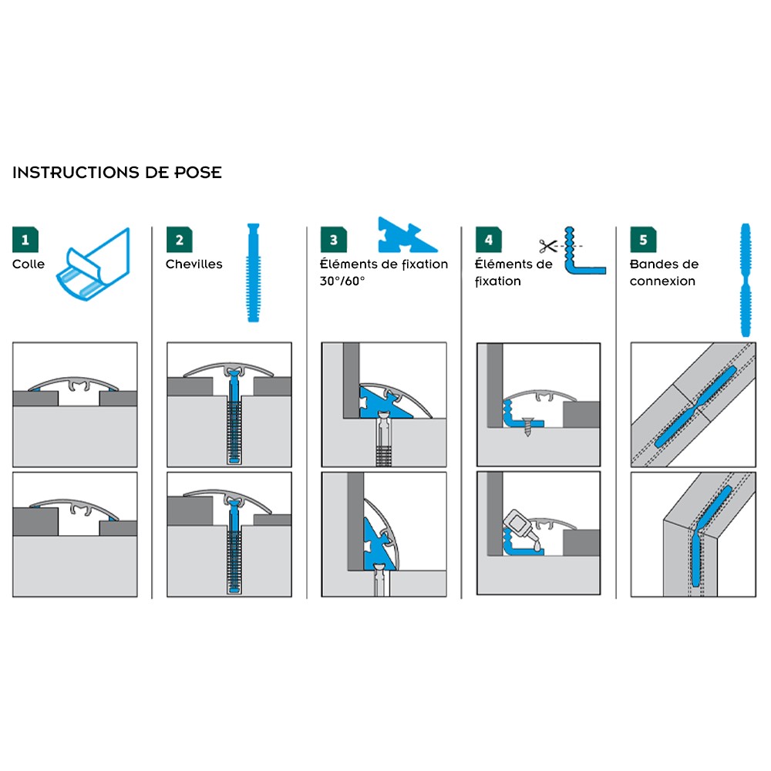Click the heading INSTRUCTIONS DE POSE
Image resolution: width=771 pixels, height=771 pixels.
pos(116,173)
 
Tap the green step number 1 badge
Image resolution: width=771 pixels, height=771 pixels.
pos(25,240)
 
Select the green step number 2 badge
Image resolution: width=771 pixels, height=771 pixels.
pos(179,240)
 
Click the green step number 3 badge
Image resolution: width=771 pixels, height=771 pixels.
pos(333,240)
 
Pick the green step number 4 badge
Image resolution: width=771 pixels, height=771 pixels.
pos(488,240)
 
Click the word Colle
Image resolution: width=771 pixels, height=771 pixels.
pos(29,264)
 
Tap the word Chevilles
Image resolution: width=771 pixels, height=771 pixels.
pos(194,264)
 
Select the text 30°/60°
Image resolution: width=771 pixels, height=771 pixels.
pos(342,281)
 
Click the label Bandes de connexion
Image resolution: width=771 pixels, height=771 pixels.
pos(664,273)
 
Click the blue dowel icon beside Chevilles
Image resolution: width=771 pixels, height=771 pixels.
pos(251,273)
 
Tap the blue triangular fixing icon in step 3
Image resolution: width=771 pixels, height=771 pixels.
pos(406,236)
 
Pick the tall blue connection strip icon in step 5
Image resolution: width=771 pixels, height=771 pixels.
pos(746,279)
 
